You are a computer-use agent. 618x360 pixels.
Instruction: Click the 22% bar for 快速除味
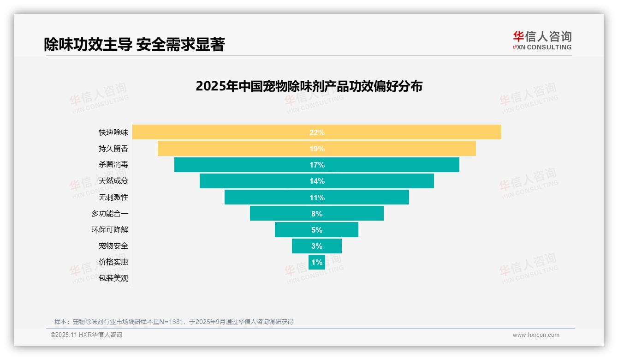click(415, 132)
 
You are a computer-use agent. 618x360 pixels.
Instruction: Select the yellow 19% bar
click(392, 149)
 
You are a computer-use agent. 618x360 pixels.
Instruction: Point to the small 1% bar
click(317, 262)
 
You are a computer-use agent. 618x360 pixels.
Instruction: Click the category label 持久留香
click(113, 149)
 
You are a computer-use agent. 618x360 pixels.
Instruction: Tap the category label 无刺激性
click(113, 197)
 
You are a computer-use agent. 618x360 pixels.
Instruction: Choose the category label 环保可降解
click(110, 230)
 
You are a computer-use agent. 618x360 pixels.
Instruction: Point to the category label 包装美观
click(113, 278)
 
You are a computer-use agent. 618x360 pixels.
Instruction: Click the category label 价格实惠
click(113, 262)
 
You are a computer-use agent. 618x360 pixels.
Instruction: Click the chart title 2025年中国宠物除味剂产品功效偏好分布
click(309, 86)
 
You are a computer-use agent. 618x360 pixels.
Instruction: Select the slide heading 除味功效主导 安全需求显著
click(134, 44)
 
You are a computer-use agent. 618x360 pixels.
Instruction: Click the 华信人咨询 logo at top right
click(542, 40)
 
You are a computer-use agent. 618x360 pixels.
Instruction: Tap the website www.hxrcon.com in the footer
click(536, 335)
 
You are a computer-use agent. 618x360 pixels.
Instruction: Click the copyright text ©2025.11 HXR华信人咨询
click(86, 335)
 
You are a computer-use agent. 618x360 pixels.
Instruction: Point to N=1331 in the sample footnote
click(172, 322)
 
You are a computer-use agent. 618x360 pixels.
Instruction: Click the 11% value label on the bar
click(317, 198)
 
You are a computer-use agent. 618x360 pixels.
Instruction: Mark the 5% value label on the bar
click(317, 230)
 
